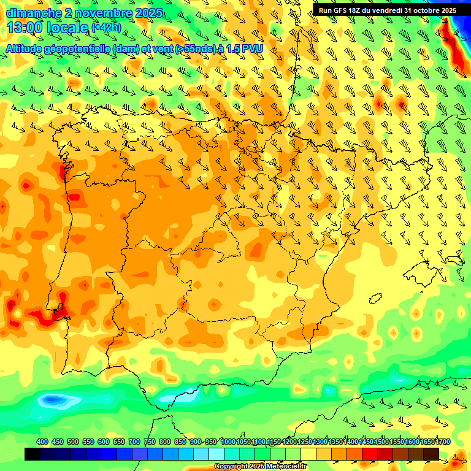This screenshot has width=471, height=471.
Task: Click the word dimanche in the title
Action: pos(34,13)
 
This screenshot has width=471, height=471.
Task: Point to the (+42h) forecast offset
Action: pos(106,28)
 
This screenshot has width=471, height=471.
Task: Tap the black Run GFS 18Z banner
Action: pos(387,10)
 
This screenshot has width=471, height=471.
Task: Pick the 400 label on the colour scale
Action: pos(42,442)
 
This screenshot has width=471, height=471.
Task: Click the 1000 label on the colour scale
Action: pos(228,442)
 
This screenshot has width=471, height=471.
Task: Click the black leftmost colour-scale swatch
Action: pos(33,454)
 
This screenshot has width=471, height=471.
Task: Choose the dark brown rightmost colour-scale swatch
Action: pos(431,454)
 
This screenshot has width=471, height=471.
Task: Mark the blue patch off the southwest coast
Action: pos(52,401)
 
